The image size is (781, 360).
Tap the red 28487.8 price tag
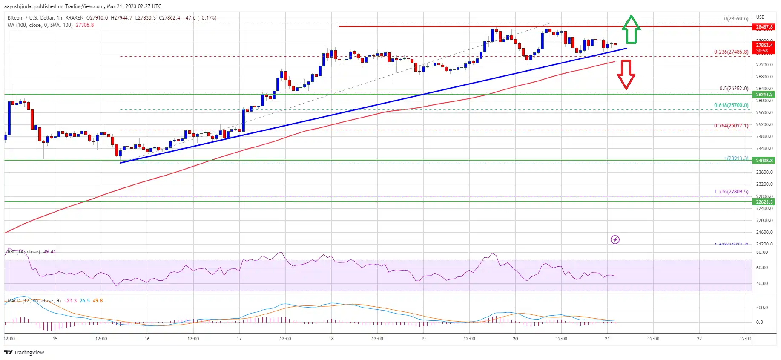pos(764,27)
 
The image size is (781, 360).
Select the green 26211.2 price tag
pos(764,95)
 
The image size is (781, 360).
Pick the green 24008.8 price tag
pos(764,161)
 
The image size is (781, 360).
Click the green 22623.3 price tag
pos(764,202)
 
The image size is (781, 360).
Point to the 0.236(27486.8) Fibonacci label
pos(731,52)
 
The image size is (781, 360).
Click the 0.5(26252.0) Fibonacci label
pos(733,89)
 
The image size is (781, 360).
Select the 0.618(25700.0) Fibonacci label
pos(731,105)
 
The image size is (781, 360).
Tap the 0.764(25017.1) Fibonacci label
pos(731,126)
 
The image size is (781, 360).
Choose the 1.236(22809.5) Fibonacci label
pos(731,192)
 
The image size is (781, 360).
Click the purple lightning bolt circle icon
pos(615,239)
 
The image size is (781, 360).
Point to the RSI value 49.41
pos(49,252)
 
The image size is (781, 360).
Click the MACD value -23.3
pos(71,301)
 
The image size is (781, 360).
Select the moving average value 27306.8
pos(85,25)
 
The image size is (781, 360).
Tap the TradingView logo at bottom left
pos(24,352)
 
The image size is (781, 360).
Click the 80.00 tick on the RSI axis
pos(761,252)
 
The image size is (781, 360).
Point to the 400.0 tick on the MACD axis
pos(761,308)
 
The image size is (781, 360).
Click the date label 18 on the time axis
pos(331,339)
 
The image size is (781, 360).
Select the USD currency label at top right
pos(760,17)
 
